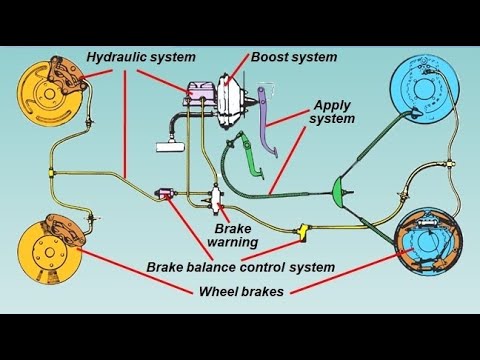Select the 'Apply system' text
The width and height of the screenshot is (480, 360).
point(335,112)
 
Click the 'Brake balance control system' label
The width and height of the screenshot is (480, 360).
point(240,267)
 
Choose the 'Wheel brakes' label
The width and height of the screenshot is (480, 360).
point(241,291)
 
